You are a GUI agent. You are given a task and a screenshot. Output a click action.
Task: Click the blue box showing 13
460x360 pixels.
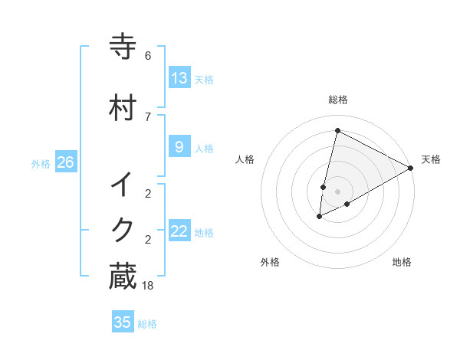tap(179, 77)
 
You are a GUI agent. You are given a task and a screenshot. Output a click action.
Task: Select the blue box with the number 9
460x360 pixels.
tap(179, 146)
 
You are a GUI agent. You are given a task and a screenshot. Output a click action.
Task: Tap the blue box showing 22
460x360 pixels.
tap(179, 231)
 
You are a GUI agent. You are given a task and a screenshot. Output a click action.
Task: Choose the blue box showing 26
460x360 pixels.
tap(65, 162)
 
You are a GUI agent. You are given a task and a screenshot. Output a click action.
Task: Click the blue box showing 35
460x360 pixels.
tap(123, 322)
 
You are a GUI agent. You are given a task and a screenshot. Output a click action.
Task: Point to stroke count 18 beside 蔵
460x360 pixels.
tap(148, 286)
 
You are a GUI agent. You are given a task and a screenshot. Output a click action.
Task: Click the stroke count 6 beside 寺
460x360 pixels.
tap(148, 56)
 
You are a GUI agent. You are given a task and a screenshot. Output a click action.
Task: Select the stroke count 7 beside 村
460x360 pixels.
tap(148, 116)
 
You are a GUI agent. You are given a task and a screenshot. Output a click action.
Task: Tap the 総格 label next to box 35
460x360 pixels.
tap(147, 324)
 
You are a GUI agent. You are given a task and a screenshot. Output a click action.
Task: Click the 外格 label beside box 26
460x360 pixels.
tap(41, 163)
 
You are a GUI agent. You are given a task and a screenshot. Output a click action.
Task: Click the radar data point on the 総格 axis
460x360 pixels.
tap(337, 131)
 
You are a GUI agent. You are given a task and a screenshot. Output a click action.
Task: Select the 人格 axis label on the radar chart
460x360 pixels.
tap(245, 159)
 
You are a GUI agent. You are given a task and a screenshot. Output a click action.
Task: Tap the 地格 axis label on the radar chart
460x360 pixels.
tap(402, 262)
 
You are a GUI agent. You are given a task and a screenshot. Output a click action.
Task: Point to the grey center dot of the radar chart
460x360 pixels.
tap(337, 191)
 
